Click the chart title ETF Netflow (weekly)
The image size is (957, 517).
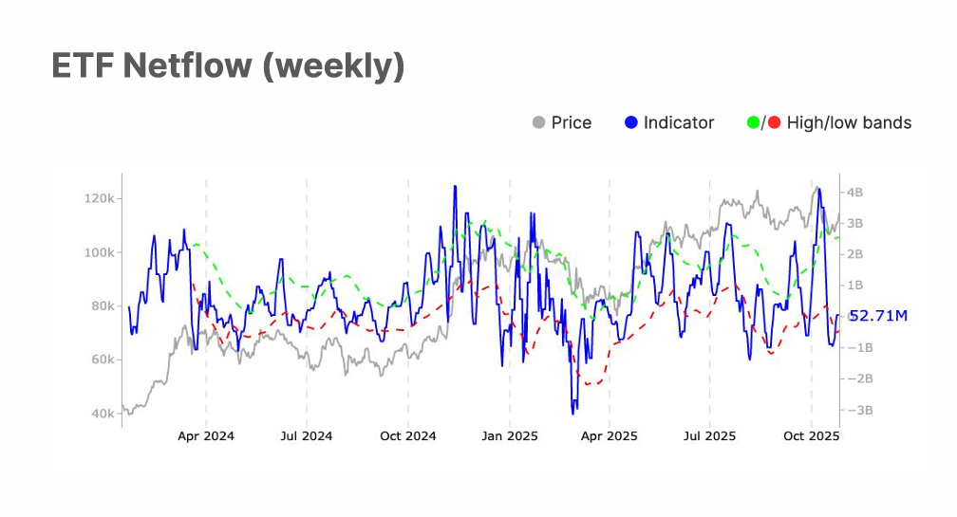pos(228,66)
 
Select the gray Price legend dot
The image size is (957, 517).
pos(539,122)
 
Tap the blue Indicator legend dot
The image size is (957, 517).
pos(631,122)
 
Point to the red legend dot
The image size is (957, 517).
pos(774,122)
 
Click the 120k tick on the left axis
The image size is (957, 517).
pos(100,198)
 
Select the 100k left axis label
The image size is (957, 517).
pos(100,252)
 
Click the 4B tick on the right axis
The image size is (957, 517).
pos(854,192)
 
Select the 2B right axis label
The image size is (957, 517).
pos(854,254)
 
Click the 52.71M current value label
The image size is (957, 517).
pos(878,316)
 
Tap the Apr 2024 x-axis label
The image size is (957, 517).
pos(206,436)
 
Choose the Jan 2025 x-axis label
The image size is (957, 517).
pos(509,436)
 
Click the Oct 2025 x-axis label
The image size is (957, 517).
pos(811,436)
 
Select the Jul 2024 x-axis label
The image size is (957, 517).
pos(307,436)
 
